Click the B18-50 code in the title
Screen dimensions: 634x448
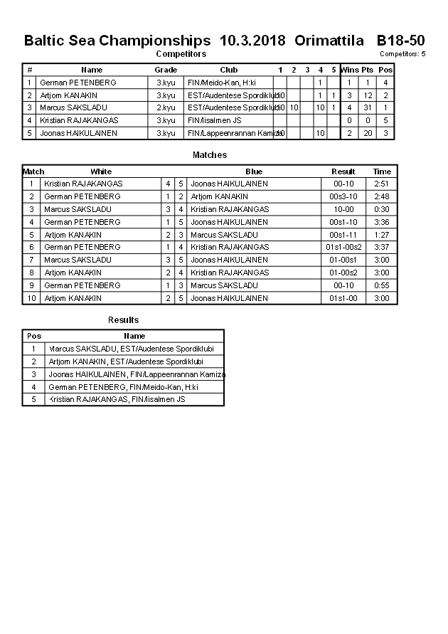[400, 41]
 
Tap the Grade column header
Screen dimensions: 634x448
[166, 70]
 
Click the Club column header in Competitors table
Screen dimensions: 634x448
[228, 70]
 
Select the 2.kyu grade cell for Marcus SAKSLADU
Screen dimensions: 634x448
[166, 107]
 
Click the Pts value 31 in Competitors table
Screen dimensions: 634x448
[367, 107]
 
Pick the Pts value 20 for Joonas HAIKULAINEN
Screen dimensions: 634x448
[367, 133]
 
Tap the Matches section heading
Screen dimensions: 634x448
[210, 154]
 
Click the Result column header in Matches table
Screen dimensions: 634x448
[343, 171]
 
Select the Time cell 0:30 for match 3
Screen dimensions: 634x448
[382, 209]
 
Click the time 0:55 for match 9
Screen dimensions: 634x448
[382, 285]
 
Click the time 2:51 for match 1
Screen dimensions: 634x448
[382, 184]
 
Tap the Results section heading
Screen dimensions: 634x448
[123, 320]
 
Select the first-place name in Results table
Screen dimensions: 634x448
[132, 349]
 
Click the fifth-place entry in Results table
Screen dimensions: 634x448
[117, 400]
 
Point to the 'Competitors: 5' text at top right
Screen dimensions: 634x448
[402, 54]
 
